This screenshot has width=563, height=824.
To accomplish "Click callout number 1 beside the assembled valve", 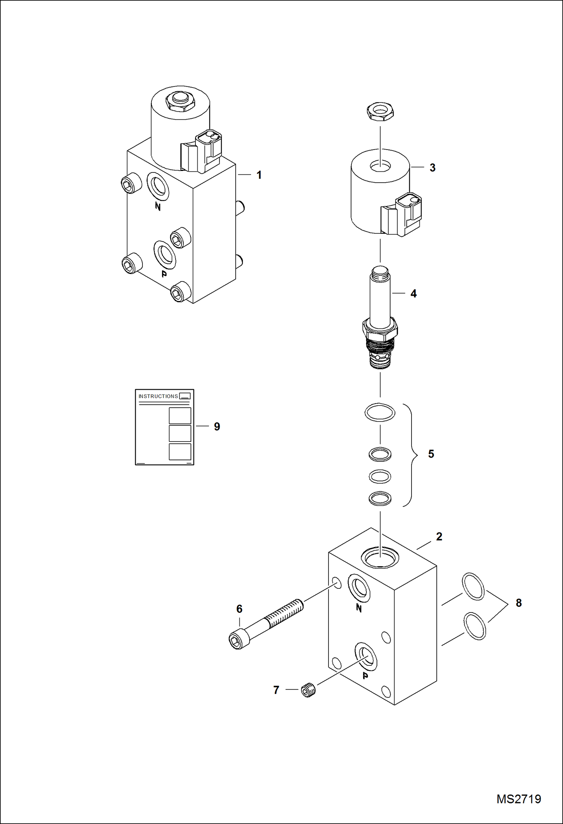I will (x=259, y=175).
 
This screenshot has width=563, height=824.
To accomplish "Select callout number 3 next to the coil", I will (x=433, y=168).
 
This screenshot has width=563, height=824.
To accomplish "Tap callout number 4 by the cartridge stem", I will (x=413, y=294).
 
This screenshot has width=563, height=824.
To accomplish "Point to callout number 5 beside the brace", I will (x=431, y=454).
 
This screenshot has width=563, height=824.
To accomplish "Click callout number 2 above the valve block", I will (x=439, y=537).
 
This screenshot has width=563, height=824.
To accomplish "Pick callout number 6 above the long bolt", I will (x=239, y=609).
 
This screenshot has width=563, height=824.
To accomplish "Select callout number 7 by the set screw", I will (x=276, y=690).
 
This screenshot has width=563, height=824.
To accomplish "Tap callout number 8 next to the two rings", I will (x=519, y=603).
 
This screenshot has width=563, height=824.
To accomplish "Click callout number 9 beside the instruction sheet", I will (x=217, y=427).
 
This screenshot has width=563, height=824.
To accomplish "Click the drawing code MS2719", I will (x=519, y=799).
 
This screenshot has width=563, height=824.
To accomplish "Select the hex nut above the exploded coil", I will (x=380, y=112).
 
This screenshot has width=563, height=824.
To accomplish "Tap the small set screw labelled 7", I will (x=309, y=691).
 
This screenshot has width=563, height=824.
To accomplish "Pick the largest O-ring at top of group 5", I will (x=380, y=413).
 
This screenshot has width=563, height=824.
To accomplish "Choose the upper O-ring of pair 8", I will (x=473, y=586).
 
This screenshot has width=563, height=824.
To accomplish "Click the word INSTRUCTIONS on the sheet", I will (x=158, y=396).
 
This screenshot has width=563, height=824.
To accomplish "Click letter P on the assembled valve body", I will (x=164, y=274).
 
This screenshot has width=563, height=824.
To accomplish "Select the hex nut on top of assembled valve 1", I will (x=180, y=101).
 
